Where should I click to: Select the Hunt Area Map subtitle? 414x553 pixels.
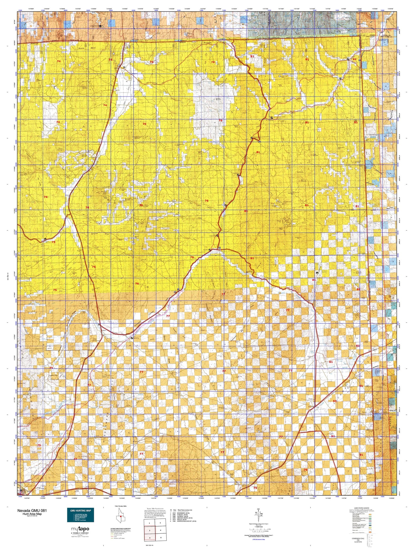point(32,514)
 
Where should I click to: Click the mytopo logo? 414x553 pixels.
point(80,529)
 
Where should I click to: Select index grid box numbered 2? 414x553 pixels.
point(160,523)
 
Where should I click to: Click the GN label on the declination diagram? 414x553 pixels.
point(258,509)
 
